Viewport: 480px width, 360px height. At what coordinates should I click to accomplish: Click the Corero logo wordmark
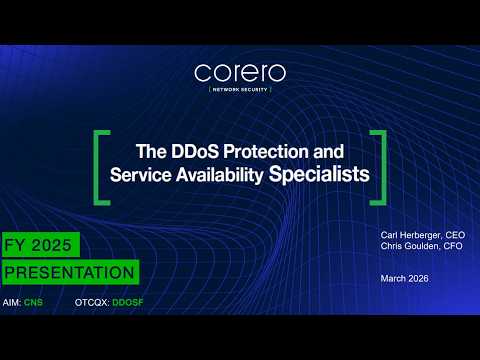coord(239,73)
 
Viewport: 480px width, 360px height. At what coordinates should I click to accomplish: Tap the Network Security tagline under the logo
coord(239,90)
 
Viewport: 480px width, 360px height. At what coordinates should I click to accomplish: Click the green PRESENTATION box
coord(69,271)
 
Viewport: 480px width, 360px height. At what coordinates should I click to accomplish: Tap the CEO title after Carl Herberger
coord(455,235)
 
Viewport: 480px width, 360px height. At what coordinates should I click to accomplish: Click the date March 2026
coord(404,278)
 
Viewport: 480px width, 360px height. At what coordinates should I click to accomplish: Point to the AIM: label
coord(13,301)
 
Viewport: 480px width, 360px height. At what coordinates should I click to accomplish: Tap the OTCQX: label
coord(90,301)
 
